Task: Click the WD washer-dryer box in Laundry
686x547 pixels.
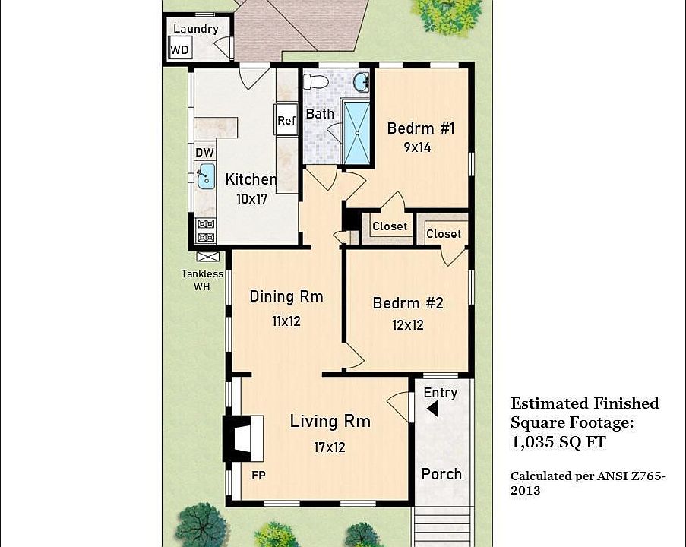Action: click(180, 47)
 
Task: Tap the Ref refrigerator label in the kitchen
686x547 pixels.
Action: click(286, 120)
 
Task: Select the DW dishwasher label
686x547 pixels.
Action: click(205, 152)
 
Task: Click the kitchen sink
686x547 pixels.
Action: click(206, 176)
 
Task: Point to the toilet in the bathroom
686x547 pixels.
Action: click(316, 81)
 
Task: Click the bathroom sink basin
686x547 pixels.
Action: click(362, 82)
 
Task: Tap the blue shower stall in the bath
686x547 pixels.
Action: click(356, 133)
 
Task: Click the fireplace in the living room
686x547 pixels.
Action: click(244, 438)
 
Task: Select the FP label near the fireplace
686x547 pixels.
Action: click(258, 476)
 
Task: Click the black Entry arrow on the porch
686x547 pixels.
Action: click(433, 409)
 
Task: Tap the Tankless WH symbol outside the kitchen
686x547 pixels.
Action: click(207, 257)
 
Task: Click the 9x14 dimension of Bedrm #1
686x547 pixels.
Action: click(417, 147)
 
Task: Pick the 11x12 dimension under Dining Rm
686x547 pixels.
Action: click(286, 321)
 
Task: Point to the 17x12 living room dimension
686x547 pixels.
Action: click(330, 447)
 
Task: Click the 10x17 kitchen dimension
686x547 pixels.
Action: click(251, 199)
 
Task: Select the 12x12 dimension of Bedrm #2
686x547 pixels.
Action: click(408, 325)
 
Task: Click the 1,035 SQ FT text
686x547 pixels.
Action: click(558, 442)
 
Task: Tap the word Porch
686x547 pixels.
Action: click(441, 474)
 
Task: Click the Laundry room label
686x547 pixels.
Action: click(196, 29)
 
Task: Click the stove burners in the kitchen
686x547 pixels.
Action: click(206, 231)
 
